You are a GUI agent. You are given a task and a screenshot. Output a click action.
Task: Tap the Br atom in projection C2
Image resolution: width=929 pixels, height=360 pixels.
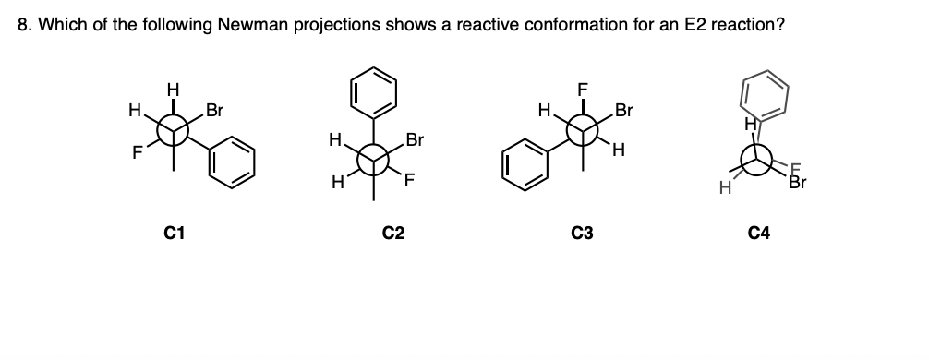point(415,141)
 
